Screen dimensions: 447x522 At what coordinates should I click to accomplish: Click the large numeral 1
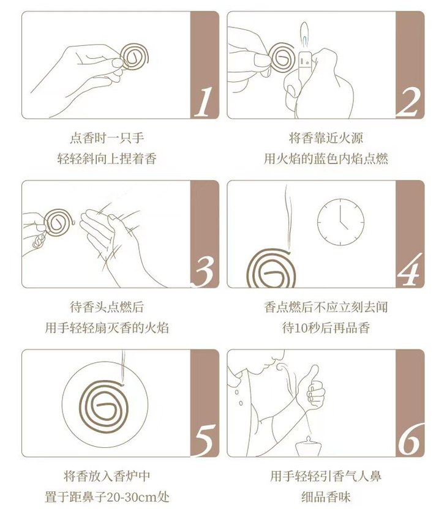coord(203,102)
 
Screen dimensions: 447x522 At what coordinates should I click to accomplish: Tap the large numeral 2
coord(408,102)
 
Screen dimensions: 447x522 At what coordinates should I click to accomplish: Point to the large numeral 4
coord(410,270)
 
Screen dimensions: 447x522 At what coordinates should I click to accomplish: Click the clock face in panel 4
coord(340,222)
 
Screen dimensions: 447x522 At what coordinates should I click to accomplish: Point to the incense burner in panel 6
coord(309,446)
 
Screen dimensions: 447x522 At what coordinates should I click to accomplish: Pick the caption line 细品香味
coord(326,497)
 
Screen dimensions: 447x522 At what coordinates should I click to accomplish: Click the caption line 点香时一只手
coord(107,138)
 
